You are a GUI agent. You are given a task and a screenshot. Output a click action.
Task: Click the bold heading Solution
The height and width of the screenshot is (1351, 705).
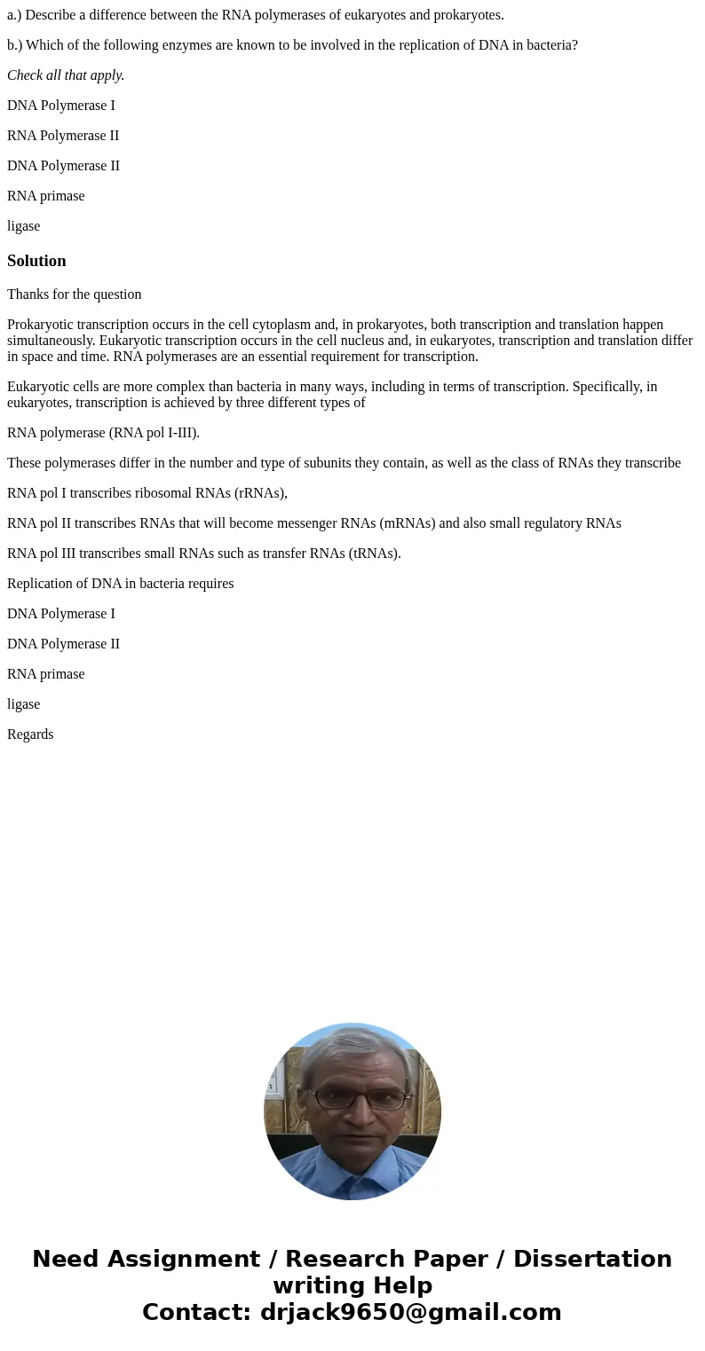tap(36, 261)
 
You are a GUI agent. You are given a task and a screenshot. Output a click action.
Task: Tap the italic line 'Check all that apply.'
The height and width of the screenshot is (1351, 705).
tap(66, 75)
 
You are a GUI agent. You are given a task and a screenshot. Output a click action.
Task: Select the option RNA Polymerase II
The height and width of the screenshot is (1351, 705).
tap(63, 136)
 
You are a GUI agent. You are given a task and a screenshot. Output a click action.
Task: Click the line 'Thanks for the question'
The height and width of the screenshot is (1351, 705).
tap(75, 295)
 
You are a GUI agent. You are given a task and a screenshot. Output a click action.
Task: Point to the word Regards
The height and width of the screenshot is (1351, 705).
tap(30, 734)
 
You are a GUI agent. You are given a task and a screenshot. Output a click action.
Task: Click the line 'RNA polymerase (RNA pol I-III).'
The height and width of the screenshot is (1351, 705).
tap(103, 433)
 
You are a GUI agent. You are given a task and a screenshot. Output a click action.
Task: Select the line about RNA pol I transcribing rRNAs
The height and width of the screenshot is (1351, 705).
tap(147, 493)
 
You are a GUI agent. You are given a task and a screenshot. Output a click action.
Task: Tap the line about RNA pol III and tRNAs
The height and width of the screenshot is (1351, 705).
tap(204, 554)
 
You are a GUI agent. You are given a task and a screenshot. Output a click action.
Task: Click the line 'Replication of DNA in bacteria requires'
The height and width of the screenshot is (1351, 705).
tap(121, 584)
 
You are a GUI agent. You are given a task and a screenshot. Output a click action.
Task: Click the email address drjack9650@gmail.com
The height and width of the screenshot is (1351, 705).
tap(411, 1312)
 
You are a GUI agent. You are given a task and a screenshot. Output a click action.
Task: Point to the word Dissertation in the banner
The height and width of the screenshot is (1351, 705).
tap(592, 1259)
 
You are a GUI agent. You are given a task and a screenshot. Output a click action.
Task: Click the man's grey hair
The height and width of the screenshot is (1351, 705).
tap(352, 1047)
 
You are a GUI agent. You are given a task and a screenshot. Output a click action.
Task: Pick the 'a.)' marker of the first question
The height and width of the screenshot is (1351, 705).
tap(14, 15)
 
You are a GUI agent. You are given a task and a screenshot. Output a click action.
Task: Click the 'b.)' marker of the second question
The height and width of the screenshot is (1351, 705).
tap(15, 45)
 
